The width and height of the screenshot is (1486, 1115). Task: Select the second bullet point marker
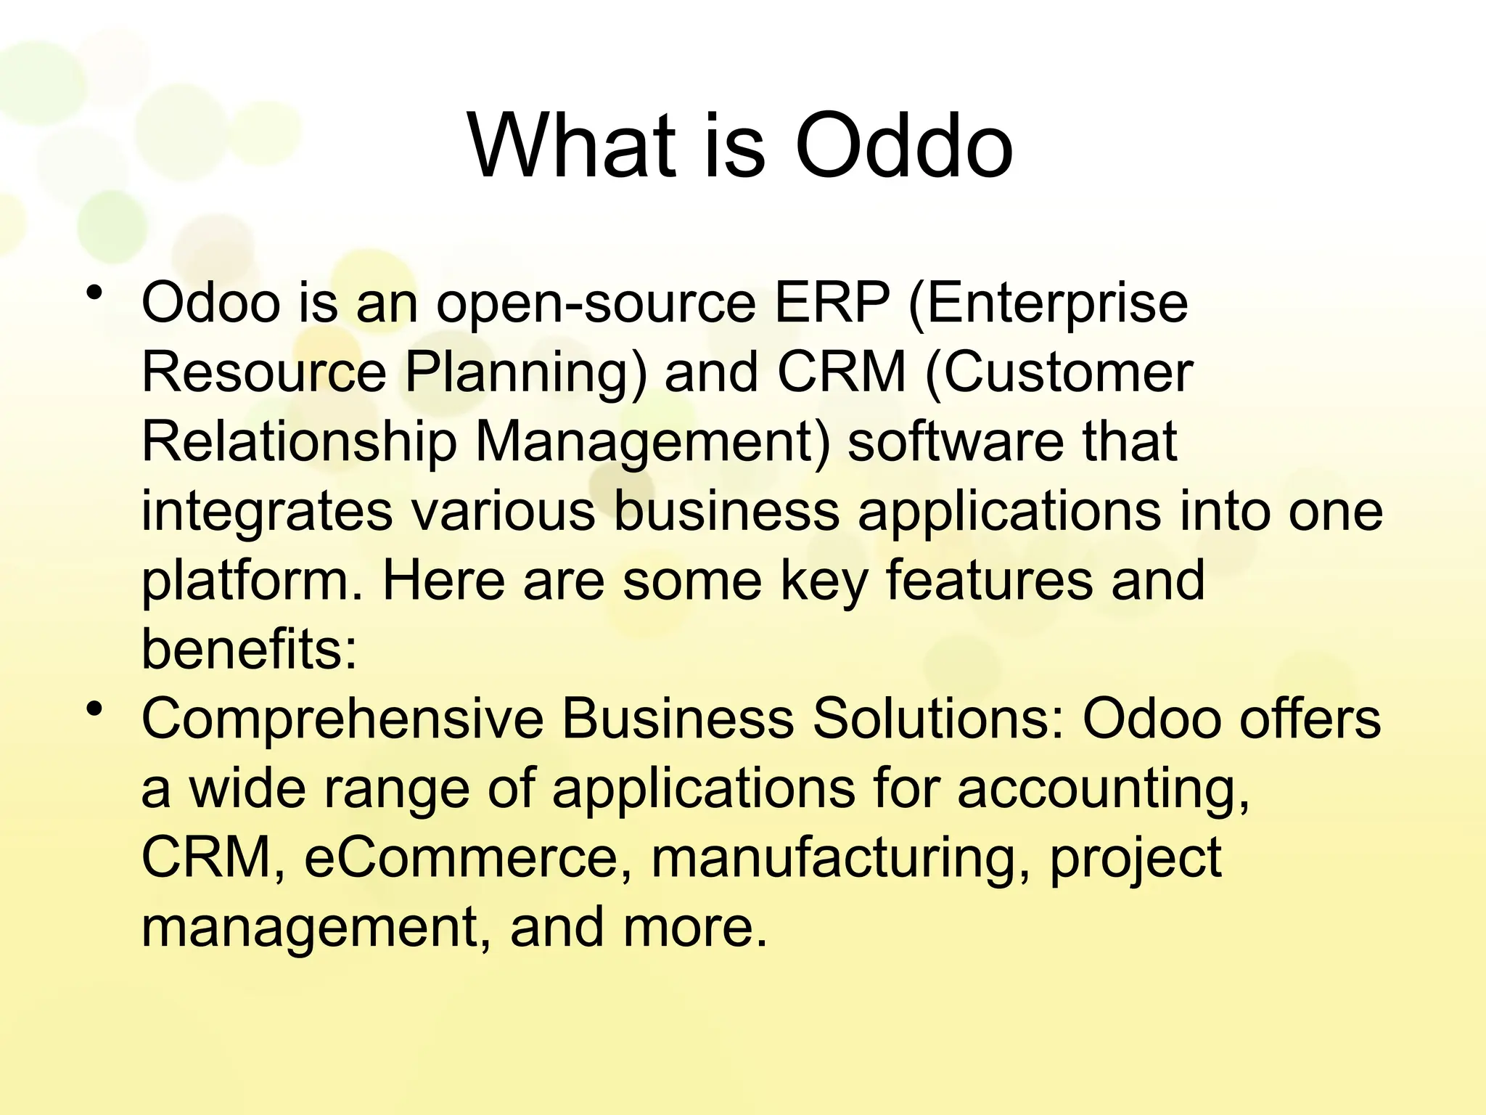pyautogui.click(x=93, y=709)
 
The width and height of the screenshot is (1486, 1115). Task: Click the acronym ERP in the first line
pyautogui.click(x=832, y=303)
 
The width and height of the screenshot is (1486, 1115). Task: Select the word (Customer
pyautogui.click(x=1059, y=372)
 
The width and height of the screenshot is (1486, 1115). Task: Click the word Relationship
pyautogui.click(x=298, y=443)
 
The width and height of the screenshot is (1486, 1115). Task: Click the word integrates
pyautogui.click(x=266, y=512)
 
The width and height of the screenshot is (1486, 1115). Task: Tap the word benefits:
pyautogui.click(x=249, y=649)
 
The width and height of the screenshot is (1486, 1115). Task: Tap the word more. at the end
pyautogui.click(x=694, y=928)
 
